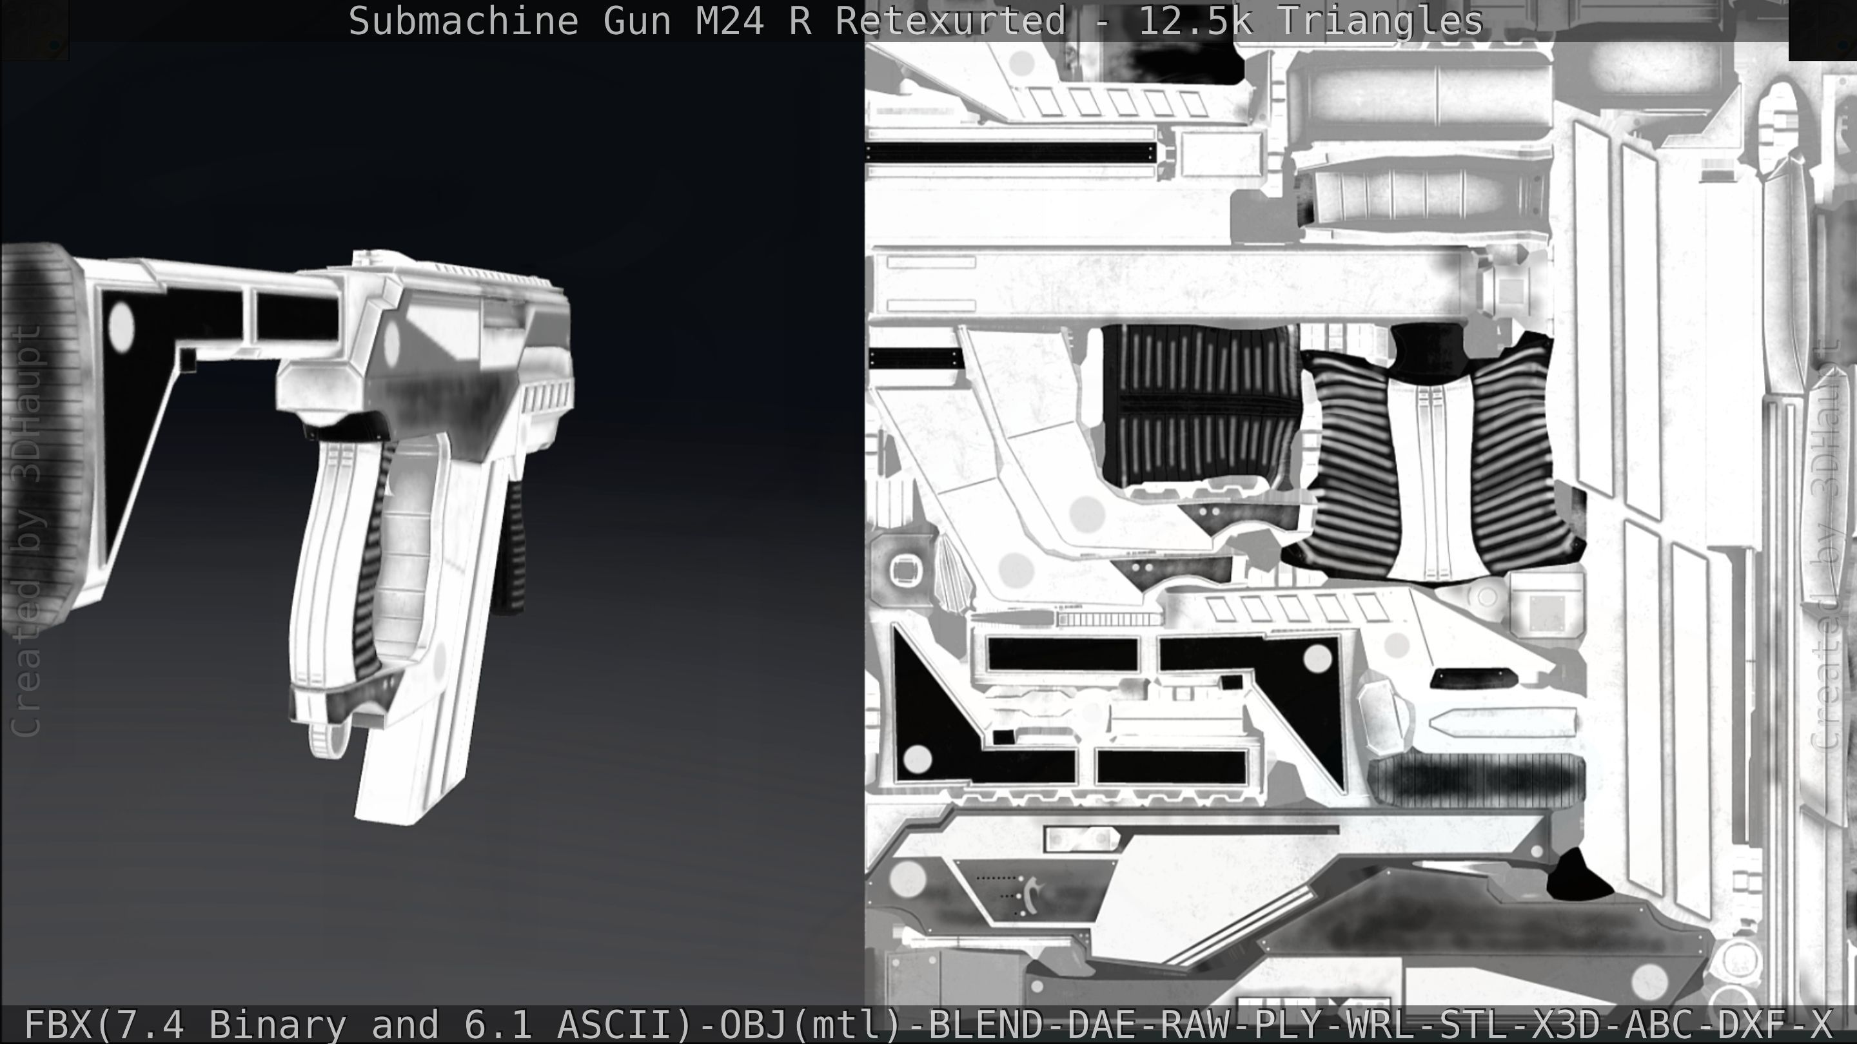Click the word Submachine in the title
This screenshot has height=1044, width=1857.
(463, 22)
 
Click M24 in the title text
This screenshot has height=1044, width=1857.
(729, 22)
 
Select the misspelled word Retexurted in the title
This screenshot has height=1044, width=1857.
(950, 22)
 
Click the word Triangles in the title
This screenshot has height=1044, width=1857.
(1380, 22)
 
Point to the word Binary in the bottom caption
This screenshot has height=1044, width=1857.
(277, 1025)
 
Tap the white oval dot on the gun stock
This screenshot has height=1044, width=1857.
(121, 325)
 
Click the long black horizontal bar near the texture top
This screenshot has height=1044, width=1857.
(1009, 153)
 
